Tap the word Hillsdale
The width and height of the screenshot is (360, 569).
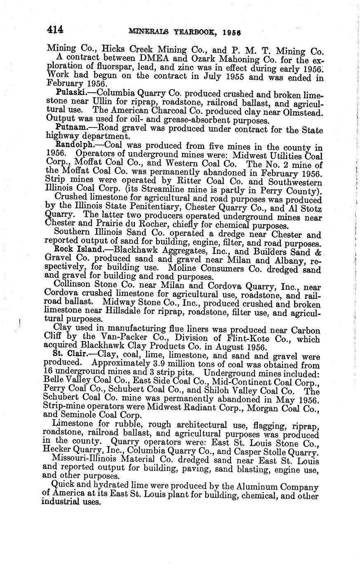pos(101,311)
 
